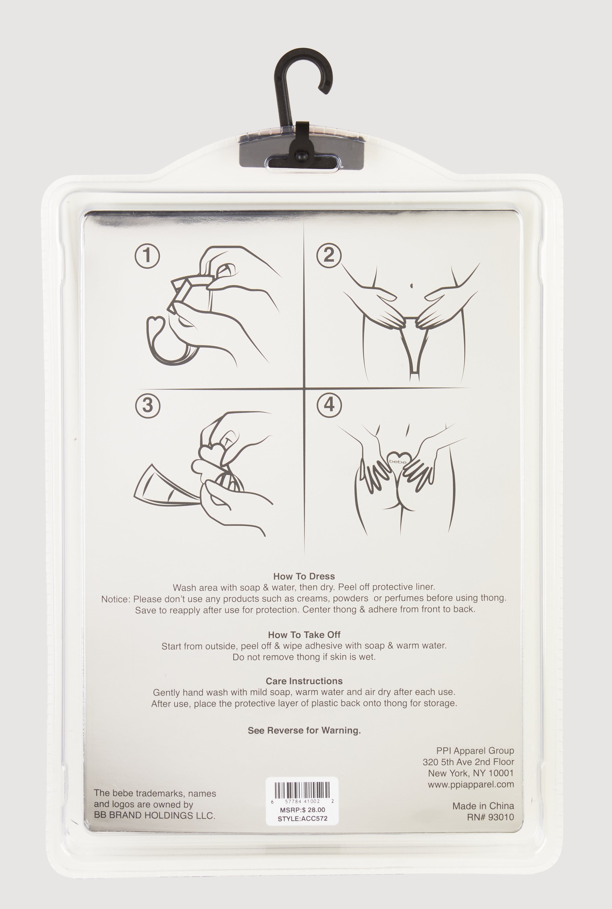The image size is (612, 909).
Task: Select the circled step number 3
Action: coord(148,405)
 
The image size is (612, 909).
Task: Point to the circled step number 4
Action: coord(329,404)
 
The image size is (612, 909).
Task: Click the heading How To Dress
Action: coord(304,576)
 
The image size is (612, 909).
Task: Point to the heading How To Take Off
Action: coord(304,635)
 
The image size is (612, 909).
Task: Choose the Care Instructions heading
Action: coord(304,681)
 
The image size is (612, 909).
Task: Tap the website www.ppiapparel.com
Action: coord(471,784)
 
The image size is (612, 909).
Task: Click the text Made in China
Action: coord(483,806)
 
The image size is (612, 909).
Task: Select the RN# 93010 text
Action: coord(491,817)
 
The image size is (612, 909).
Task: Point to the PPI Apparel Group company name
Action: coord(475,751)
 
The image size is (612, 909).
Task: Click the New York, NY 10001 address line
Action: coord(471,773)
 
